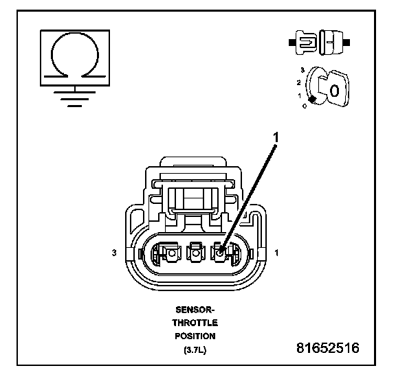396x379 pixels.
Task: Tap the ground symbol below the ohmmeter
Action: tap(75, 98)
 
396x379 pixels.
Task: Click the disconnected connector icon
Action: tap(319, 43)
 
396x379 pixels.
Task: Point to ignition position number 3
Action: tap(302, 70)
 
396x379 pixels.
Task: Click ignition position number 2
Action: tap(299, 82)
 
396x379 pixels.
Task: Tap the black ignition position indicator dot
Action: tap(313, 100)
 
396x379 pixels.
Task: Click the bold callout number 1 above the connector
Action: tap(276, 137)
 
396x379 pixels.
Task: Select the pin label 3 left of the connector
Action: tap(114, 253)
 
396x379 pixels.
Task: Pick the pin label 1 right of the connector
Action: tap(276, 253)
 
